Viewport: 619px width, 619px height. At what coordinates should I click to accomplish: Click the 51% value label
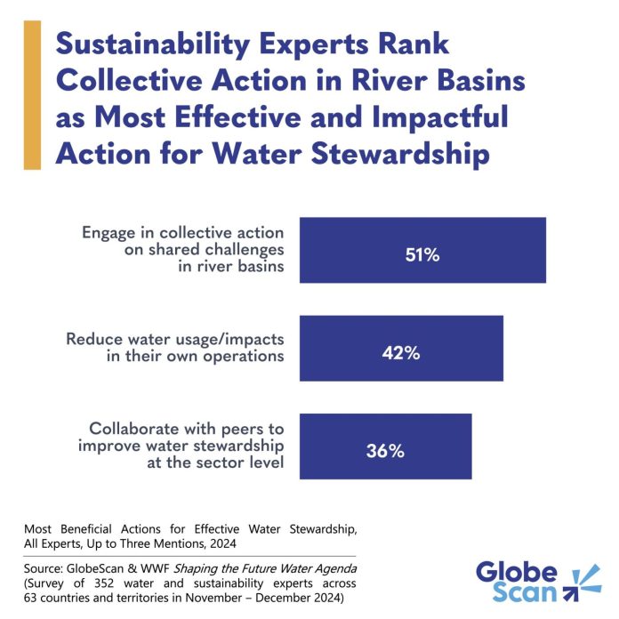[x=422, y=255]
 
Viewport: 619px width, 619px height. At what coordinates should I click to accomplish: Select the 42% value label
[x=402, y=353]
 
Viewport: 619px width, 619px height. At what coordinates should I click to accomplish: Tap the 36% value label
[x=385, y=451]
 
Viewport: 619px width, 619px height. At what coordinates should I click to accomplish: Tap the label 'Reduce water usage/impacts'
[x=175, y=339]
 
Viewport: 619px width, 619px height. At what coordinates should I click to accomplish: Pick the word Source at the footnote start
[x=44, y=567]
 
